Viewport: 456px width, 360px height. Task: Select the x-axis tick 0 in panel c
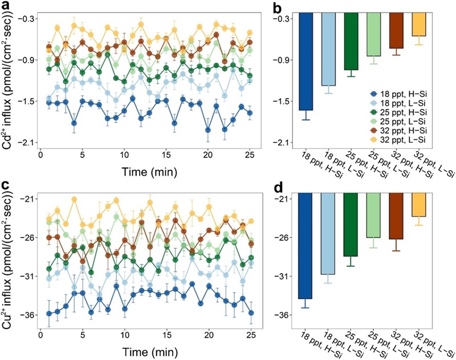[x=40, y=333]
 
